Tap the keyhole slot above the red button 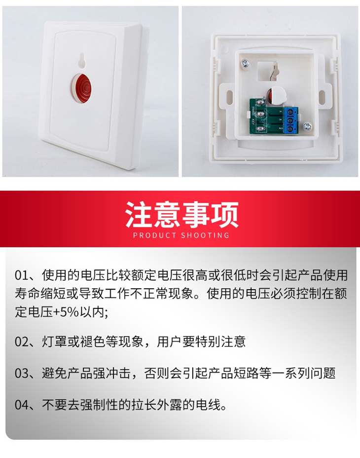(82, 61)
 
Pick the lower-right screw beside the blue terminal (307, 126)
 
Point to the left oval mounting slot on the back (230, 96)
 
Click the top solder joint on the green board (260, 102)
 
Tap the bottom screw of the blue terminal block (290, 129)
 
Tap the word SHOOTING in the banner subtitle (205, 235)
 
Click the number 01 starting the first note (22, 275)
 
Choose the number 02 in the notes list (22, 342)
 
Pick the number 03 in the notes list (22, 374)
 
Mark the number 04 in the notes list (22, 405)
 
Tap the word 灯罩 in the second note (55, 342)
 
